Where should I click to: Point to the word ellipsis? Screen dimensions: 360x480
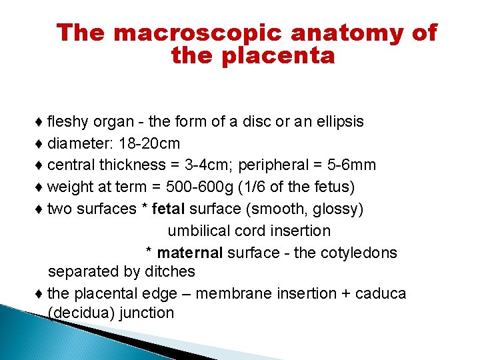pyautogui.click(x=337, y=122)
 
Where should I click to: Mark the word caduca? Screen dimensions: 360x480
pyautogui.click(x=380, y=293)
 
